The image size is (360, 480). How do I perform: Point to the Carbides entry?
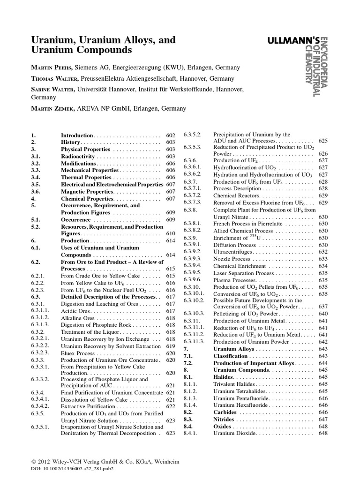225,412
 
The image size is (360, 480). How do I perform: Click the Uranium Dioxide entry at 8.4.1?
234,433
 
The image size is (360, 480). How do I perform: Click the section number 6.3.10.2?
195,300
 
